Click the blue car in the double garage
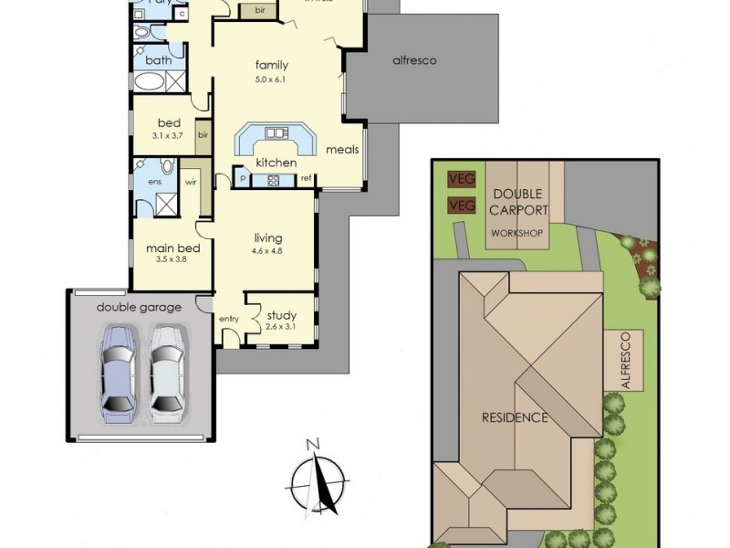click(119, 371)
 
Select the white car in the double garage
click(167, 371)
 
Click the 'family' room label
click(272, 65)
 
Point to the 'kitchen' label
click(276, 163)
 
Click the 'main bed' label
click(167, 247)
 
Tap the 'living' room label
click(268, 238)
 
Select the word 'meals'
click(342, 150)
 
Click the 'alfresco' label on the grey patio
click(414, 60)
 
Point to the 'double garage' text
click(140, 307)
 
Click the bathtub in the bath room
click(151, 81)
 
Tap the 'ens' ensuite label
click(142, 181)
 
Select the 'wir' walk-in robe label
click(192, 182)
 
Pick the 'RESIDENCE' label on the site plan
click(515, 418)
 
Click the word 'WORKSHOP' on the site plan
click(517, 234)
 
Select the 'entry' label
click(228, 318)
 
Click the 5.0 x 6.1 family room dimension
click(272, 79)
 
